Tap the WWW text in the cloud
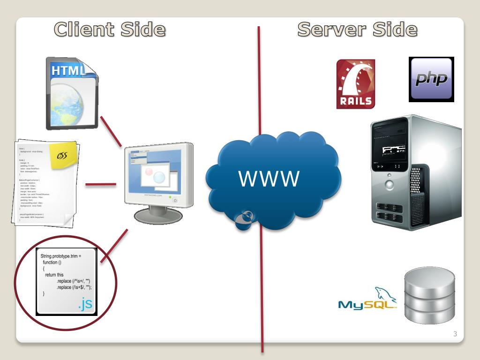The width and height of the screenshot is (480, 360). click(x=269, y=179)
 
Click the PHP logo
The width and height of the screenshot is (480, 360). click(x=431, y=79)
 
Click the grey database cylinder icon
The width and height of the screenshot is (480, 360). click(x=429, y=295)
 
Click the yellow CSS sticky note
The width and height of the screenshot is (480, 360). click(x=64, y=155)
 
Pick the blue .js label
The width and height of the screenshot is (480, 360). click(x=85, y=304)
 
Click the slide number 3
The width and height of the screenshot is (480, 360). click(x=455, y=334)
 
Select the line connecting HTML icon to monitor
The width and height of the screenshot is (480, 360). click(x=111, y=131)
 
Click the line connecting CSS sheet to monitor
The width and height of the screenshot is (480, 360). click(x=100, y=184)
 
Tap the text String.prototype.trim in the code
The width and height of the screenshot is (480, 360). click(x=61, y=256)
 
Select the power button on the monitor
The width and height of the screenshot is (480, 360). click(x=175, y=200)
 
